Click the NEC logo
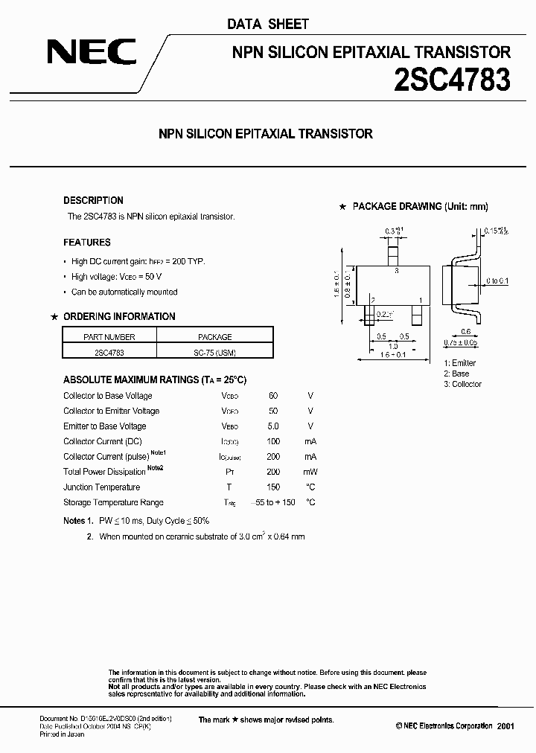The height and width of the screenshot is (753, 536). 92,52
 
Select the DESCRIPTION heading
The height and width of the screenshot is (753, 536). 93,200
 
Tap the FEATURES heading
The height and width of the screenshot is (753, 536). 87,243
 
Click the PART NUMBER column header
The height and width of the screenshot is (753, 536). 109,336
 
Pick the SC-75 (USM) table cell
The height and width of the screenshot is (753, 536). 214,352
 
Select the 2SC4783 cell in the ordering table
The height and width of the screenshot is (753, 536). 109,352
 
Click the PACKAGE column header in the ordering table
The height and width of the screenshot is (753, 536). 214,336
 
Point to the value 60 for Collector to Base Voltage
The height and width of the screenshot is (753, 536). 272,396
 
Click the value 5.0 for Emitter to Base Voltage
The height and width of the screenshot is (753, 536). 272,426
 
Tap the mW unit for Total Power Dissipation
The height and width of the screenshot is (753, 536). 310,472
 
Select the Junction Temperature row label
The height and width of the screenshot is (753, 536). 102,487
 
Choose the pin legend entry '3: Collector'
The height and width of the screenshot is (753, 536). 462,384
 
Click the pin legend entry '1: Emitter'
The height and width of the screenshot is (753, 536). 459,363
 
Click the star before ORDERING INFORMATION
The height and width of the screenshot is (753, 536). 54,317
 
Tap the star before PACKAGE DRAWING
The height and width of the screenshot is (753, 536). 342,207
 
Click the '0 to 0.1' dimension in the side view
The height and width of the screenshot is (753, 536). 497,281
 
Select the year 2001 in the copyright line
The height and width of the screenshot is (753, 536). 505,725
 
